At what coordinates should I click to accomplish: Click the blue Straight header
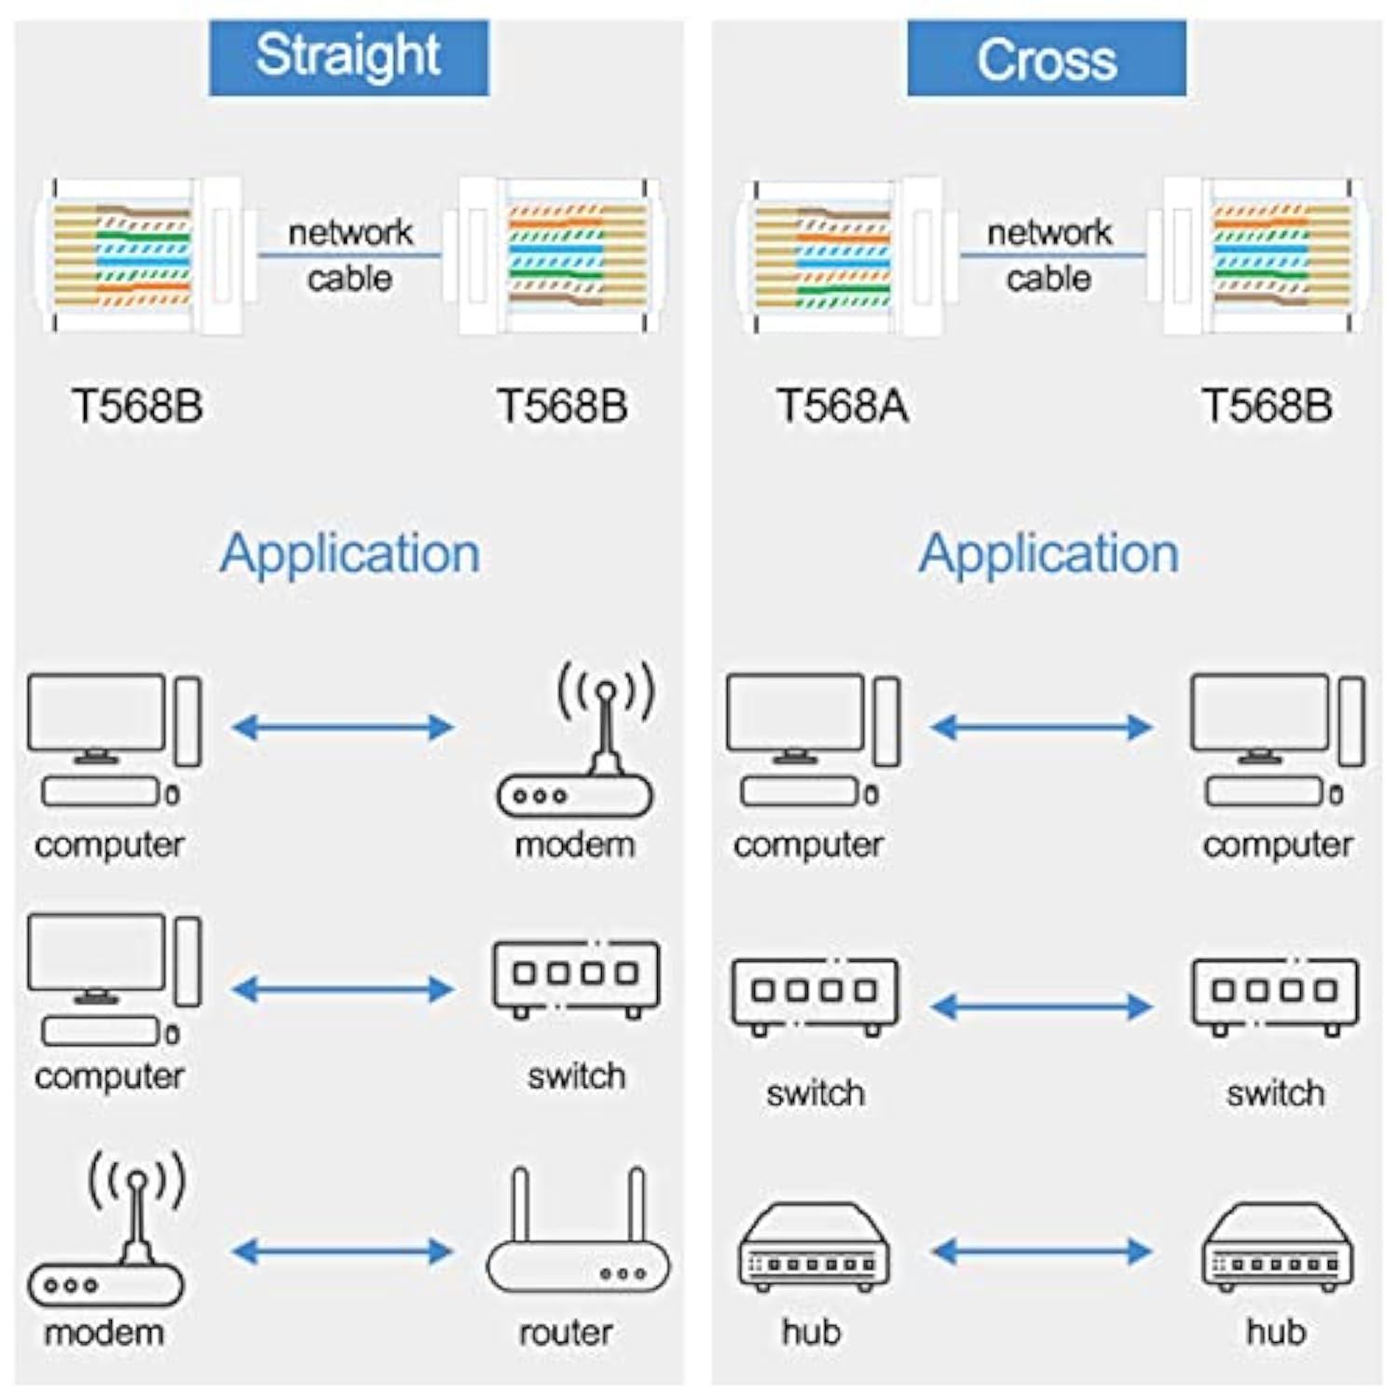tap(349, 58)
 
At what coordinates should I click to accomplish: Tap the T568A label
tap(842, 406)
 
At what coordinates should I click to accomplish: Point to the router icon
tap(578, 1235)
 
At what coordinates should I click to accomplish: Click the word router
tap(566, 1332)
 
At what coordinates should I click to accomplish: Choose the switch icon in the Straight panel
tap(576, 978)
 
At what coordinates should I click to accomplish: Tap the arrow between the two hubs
tap(1042, 1251)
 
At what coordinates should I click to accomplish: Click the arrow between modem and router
tap(342, 1251)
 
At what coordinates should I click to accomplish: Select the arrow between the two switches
tap(1042, 1006)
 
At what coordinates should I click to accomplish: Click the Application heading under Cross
tap(1048, 554)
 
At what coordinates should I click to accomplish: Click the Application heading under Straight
tap(349, 554)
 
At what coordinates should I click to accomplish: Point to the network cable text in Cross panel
tap(1049, 254)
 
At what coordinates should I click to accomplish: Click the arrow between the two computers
tap(1042, 727)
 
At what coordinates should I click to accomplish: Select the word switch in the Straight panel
tap(576, 1076)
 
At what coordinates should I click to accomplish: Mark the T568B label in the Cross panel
tap(1267, 406)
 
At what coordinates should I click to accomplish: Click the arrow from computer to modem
tap(342, 727)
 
